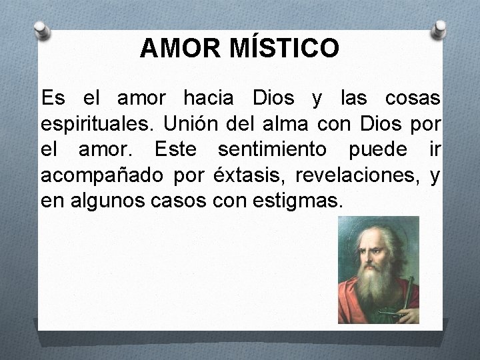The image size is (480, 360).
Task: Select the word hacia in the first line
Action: pyautogui.click(x=208, y=99)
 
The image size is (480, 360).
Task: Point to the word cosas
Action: pyautogui.click(x=413, y=99)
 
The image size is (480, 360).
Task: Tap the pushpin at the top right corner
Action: pyautogui.click(x=439, y=28)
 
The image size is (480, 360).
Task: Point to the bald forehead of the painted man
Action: pyautogui.click(x=378, y=232)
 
